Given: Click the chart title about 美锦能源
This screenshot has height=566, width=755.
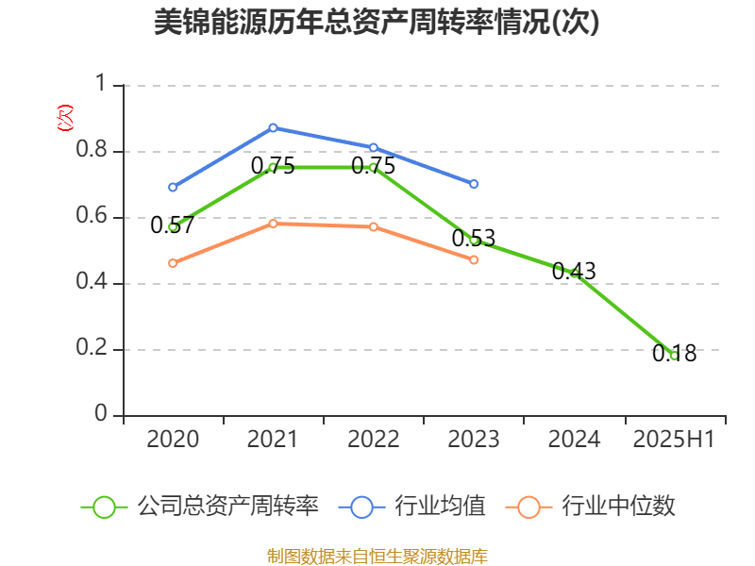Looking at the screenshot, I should (377, 23).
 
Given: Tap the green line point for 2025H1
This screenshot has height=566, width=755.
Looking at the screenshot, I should (674, 356).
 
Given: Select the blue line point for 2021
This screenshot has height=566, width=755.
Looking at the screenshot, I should (273, 127).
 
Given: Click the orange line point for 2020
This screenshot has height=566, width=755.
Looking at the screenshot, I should (173, 263).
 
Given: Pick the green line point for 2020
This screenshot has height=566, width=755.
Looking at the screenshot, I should (173, 226).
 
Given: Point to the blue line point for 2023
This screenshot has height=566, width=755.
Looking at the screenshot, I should (474, 184).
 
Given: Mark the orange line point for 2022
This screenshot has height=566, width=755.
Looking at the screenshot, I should (374, 226).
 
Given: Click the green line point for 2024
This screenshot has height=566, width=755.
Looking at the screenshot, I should (574, 273).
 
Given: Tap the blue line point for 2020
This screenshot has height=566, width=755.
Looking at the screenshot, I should (173, 187).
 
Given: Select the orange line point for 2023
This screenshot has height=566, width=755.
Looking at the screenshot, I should (474, 259).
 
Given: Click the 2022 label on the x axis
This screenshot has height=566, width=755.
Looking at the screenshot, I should (374, 440).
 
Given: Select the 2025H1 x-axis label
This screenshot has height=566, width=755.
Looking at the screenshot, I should (674, 440).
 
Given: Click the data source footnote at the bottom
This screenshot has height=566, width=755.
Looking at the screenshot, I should (377, 556).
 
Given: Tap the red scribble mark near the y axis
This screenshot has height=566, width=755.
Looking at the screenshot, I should (64, 118).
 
